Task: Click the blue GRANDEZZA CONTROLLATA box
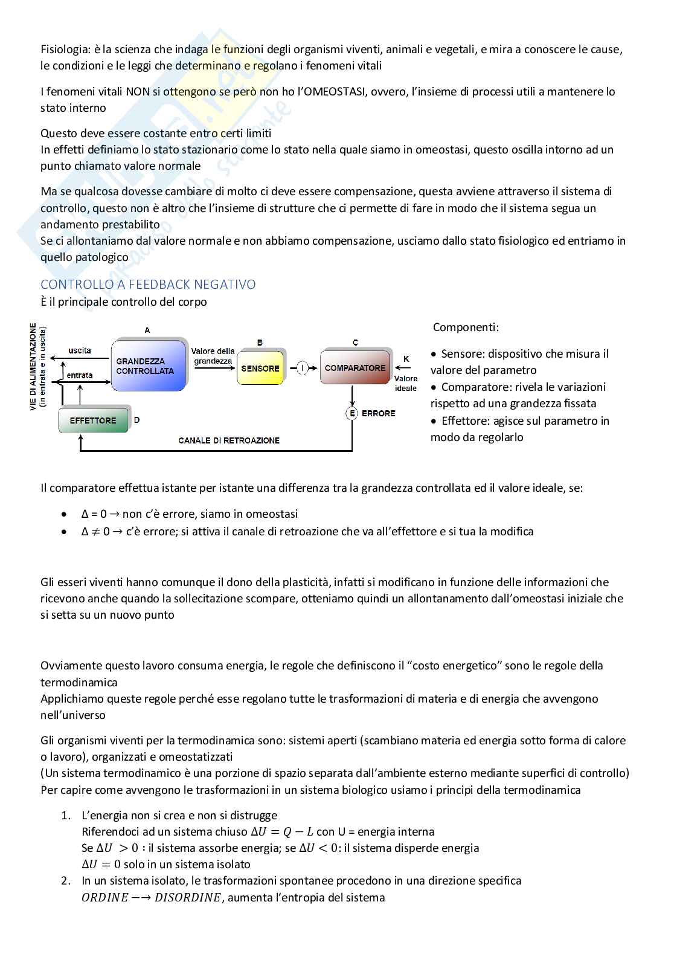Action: click(x=148, y=365)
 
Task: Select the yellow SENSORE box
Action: click(x=260, y=368)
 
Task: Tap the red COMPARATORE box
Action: click(x=355, y=367)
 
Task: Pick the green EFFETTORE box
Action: click(x=94, y=420)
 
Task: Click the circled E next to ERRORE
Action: click(x=352, y=413)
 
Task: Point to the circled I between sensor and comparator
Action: click(x=302, y=367)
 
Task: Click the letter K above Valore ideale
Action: click(x=406, y=359)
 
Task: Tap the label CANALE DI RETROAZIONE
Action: click(x=229, y=440)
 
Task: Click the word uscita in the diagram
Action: click(x=80, y=350)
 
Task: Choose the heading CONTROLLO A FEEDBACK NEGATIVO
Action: click(x=148, y=285)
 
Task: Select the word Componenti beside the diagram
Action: click(x=466, y=327)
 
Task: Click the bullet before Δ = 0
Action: click(x=64, y=514)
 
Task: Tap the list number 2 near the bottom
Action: click(x=66, y=880)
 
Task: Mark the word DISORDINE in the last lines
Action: click(x=188, y=897)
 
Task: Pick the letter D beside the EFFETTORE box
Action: click(x=137, y=420)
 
